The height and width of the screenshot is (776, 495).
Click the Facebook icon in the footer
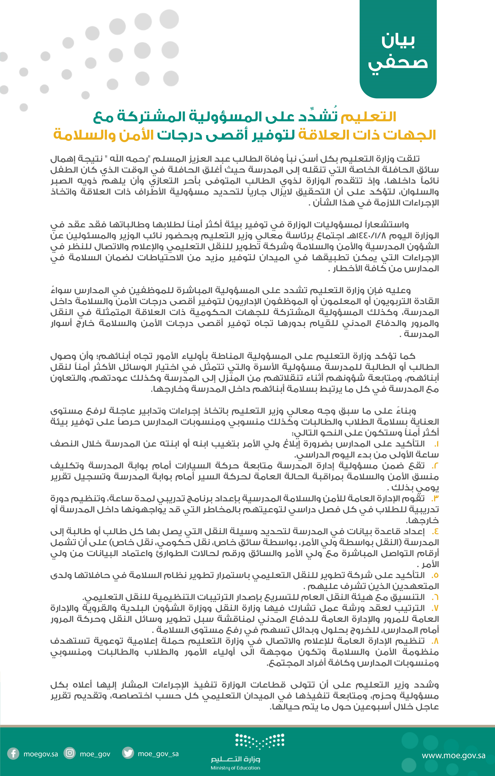click(13, 754)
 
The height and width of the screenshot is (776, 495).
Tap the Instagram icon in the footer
click(70, 753)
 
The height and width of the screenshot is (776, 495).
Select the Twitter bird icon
click(128, 753)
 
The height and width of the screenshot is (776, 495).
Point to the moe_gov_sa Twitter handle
click(158, 754)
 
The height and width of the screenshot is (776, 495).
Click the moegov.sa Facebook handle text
click(41, 754)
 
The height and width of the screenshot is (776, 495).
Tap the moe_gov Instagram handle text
click(95, 754)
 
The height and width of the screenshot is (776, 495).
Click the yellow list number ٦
click(435, 597)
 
